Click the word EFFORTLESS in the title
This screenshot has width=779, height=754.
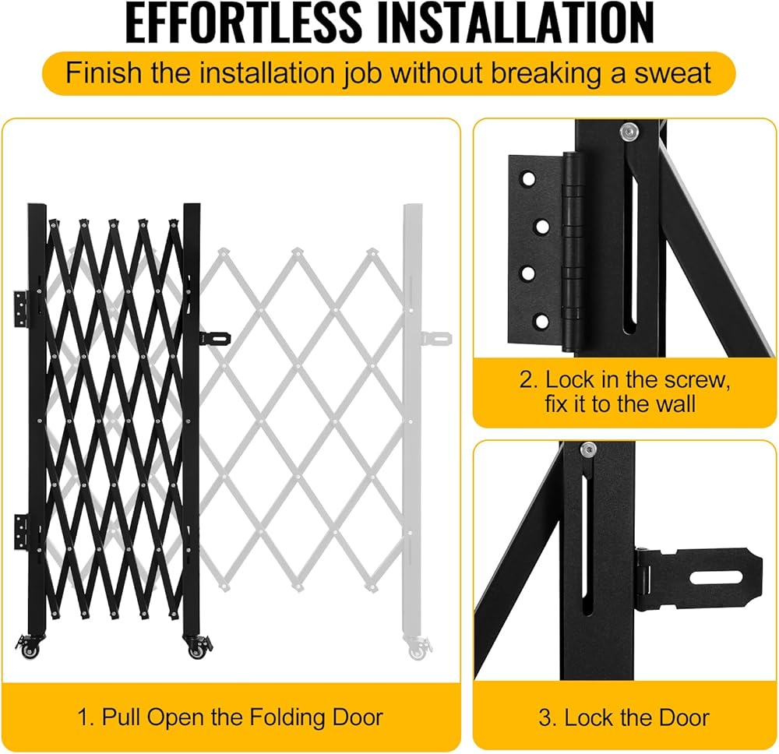pos(243,23)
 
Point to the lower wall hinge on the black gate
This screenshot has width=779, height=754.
pos(21,531)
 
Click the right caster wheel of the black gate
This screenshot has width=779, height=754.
pos(198,648)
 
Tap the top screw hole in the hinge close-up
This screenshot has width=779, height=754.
pos(528,179)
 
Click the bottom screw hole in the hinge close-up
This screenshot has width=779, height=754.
pos(542,322)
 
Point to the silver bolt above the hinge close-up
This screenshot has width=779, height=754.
pos(629,132)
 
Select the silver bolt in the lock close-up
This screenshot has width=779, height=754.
pos(588,449)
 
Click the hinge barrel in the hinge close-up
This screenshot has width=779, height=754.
pos(573,251)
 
